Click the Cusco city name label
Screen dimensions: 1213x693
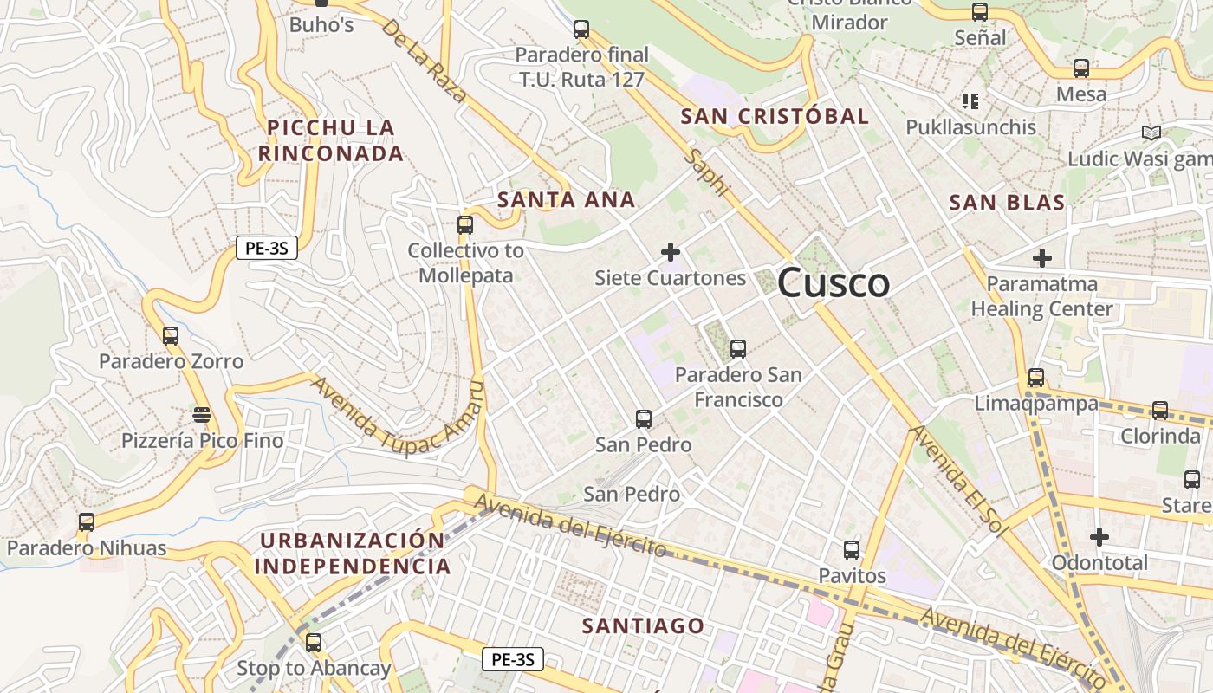tap(834, 283)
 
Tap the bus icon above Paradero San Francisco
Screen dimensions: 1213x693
tap(738, 349)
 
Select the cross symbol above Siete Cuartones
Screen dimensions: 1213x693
tap(670, 252)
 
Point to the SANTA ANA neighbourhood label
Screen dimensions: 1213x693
tap(567, 200)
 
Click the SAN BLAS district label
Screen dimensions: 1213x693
tap(1007, 203)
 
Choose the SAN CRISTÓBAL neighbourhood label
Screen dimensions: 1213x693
tap(775, 116)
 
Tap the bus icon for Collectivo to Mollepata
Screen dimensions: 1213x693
tap(465, 225)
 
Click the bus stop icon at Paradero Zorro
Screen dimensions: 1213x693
tap(171, 336)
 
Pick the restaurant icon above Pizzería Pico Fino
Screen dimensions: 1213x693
tap(202, 415)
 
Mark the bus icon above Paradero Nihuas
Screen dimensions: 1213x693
tap(86, 522)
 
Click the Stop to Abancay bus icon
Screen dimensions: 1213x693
tap(314, 643)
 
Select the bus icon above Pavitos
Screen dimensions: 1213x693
tap(852, 550)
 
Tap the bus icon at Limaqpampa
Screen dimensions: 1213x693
tap(1036, 378)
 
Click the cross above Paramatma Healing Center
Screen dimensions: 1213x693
tap(1042, 258)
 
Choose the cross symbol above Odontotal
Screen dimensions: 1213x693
tap(1099, 537)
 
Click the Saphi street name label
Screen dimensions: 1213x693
tap(707, 172)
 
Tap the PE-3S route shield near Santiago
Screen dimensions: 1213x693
tap(512, 659)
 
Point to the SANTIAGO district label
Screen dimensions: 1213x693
tap(643, 625)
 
